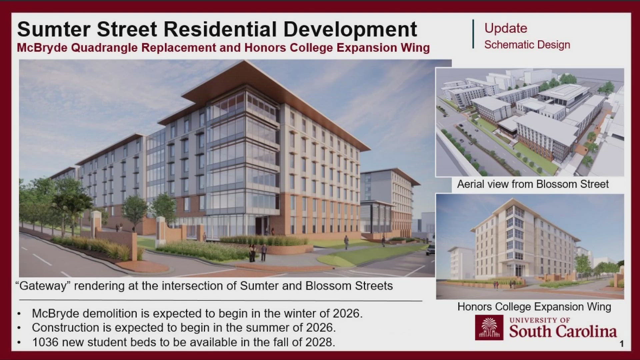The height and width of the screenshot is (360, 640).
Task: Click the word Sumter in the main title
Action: click(53, 29)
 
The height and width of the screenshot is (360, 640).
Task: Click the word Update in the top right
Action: click(506, 28)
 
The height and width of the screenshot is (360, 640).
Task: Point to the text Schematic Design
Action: click(527, 45)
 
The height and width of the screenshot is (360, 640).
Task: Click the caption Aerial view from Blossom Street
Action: click(533, 184)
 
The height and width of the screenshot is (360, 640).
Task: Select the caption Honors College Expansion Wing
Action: click(534, 307)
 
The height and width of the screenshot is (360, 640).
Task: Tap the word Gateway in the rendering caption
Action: click(43, 286)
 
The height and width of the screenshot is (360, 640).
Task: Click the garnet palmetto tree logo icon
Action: click(489, 327)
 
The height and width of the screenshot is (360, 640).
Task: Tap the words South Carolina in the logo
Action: click(563, 331)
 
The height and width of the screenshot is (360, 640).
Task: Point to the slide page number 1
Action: click(621, 344)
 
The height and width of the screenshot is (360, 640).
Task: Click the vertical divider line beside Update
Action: click(473, 34)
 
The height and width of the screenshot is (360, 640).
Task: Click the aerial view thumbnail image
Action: click(530, 122)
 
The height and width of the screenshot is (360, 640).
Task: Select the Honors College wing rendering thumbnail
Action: click(530, 246)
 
